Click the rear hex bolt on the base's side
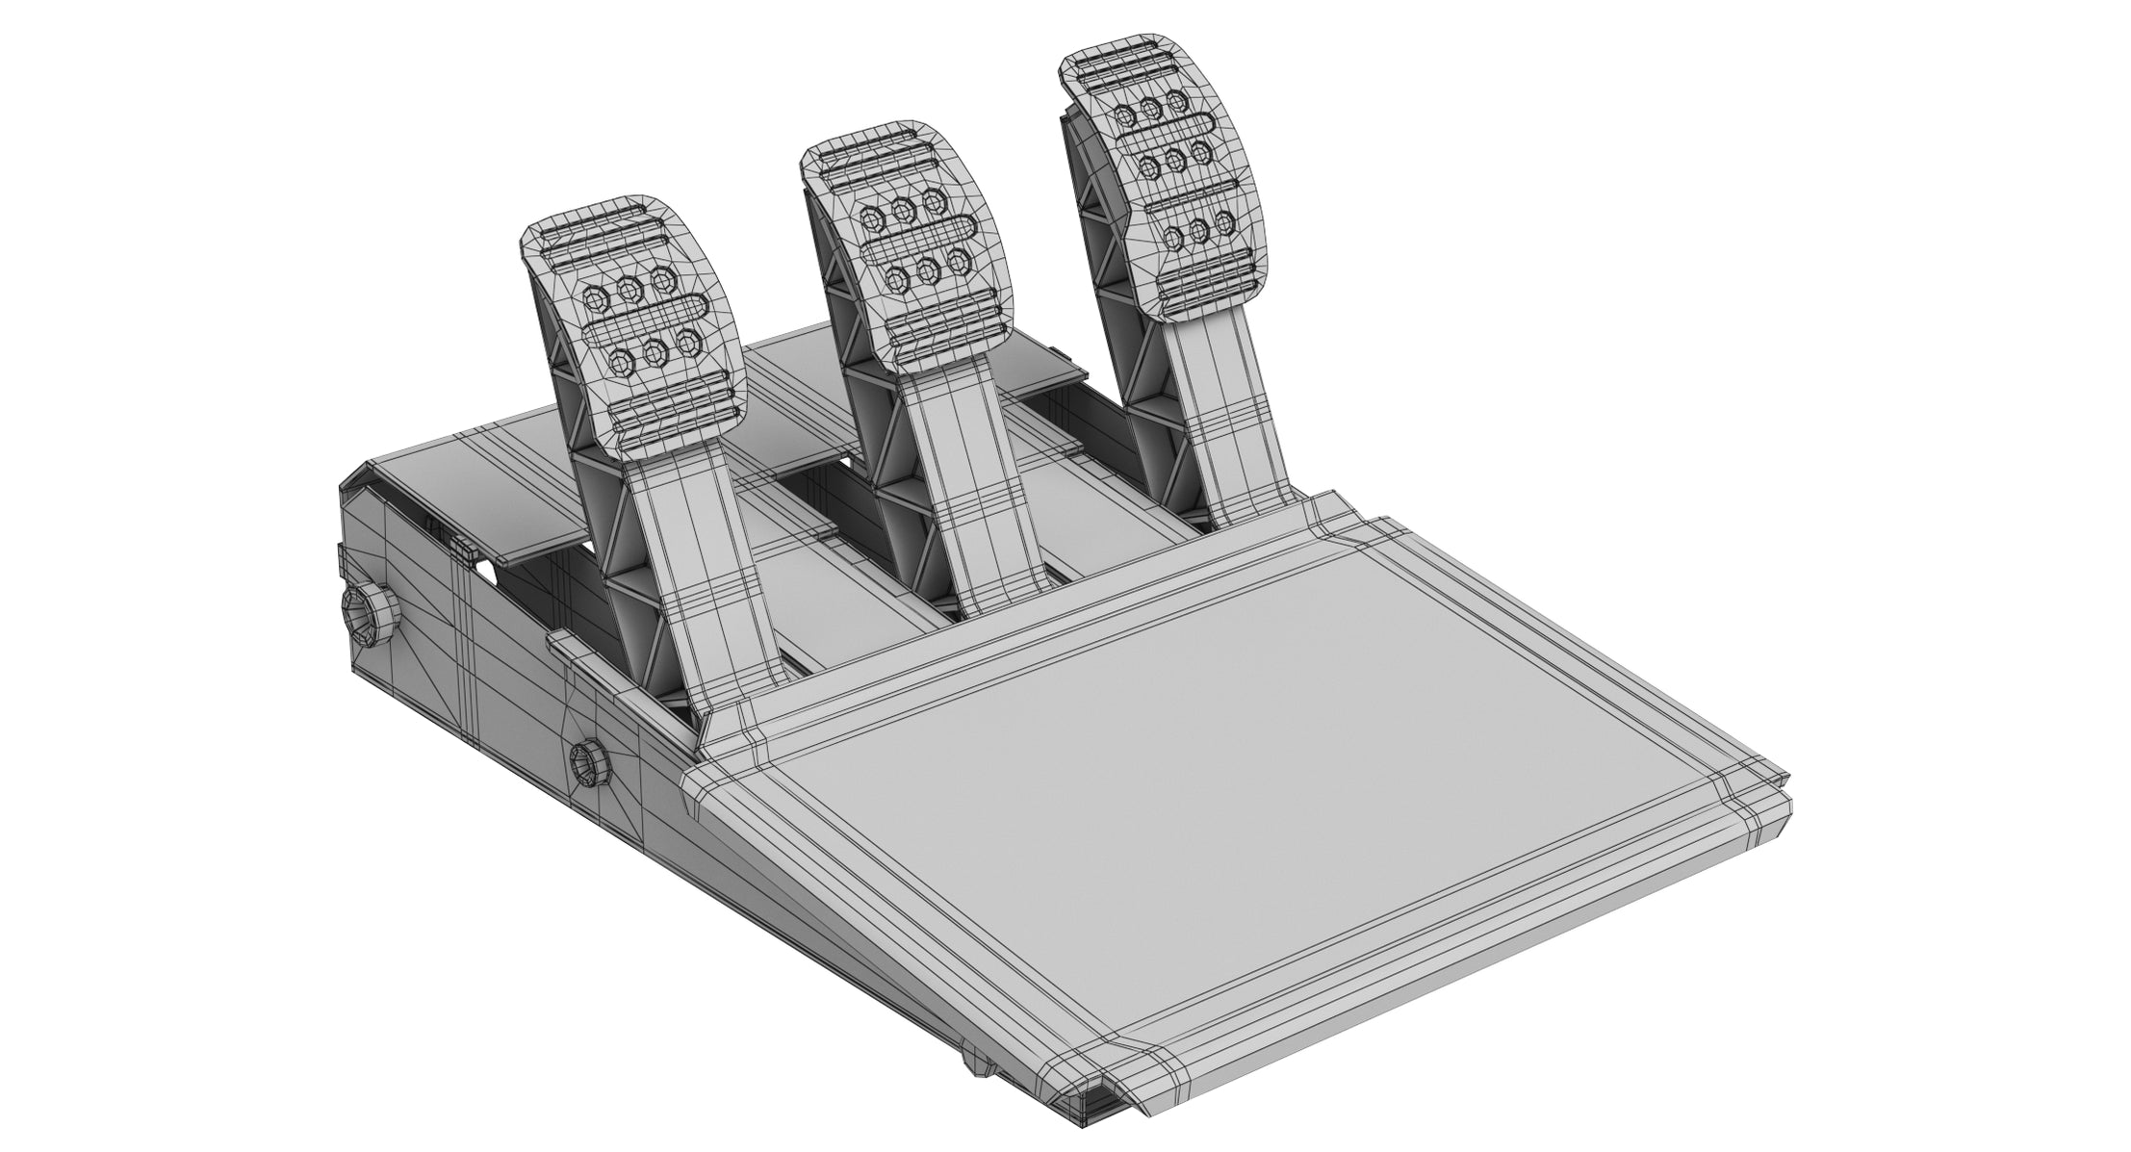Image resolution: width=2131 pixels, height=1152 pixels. pos(364,616)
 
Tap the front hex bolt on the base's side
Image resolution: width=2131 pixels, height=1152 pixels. pos(587,765)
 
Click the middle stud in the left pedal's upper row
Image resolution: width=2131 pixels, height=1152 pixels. pos(631,290)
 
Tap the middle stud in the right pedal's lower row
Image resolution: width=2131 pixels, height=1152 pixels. pos(1199,229)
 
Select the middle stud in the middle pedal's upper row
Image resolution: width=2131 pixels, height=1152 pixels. pos(902,209)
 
